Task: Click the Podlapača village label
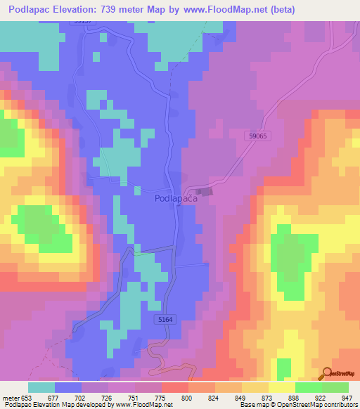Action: tap(175, 199)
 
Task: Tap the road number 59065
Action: tap(259, 136)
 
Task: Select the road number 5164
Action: tap(166, 318)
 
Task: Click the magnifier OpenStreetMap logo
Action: tap(328, 374)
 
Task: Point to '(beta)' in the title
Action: tap(282, 9)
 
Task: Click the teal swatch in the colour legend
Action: tap(41, 387)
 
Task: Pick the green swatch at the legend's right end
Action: tap(335, 387)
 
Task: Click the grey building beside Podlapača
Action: tap(204, 192)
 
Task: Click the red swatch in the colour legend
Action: tap(175, 387)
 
